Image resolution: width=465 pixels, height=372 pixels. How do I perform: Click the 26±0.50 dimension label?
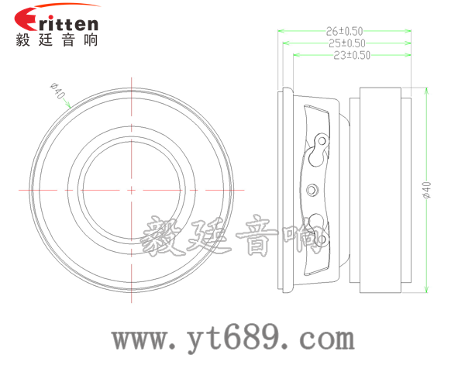(346, 31)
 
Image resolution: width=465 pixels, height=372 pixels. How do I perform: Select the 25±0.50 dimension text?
(347, 43)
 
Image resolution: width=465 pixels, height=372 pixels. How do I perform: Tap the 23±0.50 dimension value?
(351, 55)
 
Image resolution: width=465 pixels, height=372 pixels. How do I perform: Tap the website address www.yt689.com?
(232, 338)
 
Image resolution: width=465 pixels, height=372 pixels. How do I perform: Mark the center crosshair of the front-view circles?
(132, 189)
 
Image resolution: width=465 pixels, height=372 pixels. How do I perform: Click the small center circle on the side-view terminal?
(314, 189)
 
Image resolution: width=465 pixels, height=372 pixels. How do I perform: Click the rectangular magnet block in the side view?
(380, 189)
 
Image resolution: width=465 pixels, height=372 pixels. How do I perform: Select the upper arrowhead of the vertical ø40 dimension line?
(425, 89)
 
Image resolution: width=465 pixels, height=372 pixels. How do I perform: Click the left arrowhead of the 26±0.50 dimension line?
(281, 32)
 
